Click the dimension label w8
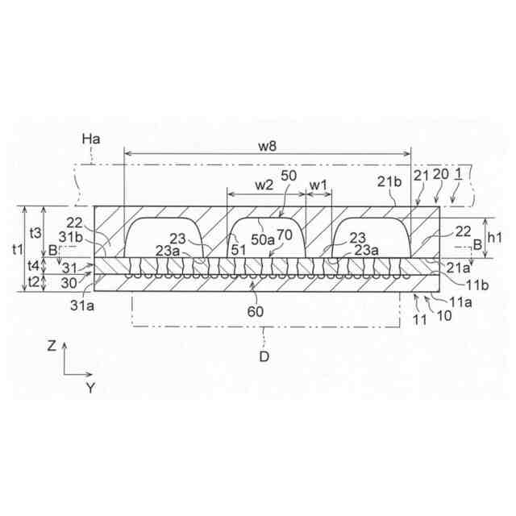click(267, 146)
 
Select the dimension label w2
click(264, 185)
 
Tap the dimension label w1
click(319, 185)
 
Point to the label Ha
click(91, 141)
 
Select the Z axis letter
click(52, 346)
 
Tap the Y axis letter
click(90, 388)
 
